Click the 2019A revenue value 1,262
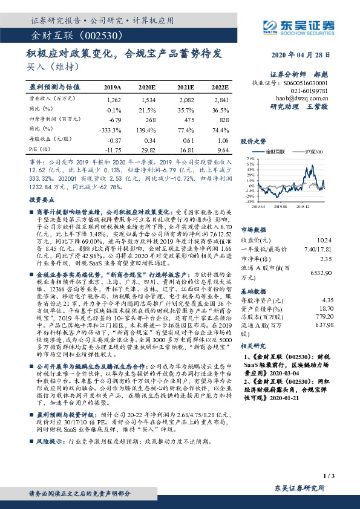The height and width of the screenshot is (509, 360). [x=113, y=98]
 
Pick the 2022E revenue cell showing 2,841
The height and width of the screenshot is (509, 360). [x=221, y=98]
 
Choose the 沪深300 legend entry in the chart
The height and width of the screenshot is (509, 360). [x=313, y=151]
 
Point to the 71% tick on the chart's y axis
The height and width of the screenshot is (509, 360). [x=249, y=159]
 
